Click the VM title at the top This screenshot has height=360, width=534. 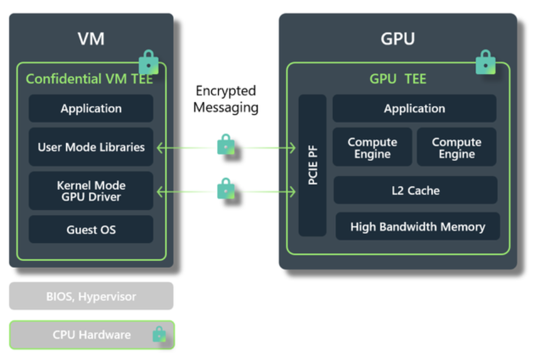point(91,39)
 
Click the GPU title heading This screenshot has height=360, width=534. point(397,39)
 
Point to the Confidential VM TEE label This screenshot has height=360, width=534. point(89,79)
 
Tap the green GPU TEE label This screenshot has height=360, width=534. point(397,79)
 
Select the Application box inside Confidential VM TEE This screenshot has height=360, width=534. point(91,109)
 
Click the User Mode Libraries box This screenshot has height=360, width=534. point(91,148)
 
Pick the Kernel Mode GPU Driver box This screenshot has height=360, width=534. point(91,191)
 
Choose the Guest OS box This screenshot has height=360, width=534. point(91,229)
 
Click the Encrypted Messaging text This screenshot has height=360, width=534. point(225,99)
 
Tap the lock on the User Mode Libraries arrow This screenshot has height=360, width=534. point(225,145)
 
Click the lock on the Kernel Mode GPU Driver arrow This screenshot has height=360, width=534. point(225,189)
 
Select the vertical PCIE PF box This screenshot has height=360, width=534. point(312,165)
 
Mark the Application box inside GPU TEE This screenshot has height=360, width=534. point(414,109)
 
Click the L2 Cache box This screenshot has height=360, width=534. point(415,190)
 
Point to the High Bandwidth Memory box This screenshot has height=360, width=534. point(418,227)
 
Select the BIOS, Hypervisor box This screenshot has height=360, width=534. point(91,296)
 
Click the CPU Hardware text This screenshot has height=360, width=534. point(91,335)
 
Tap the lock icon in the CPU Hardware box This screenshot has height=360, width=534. point(159,335)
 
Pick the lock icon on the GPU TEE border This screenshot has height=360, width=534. point(485,62)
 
